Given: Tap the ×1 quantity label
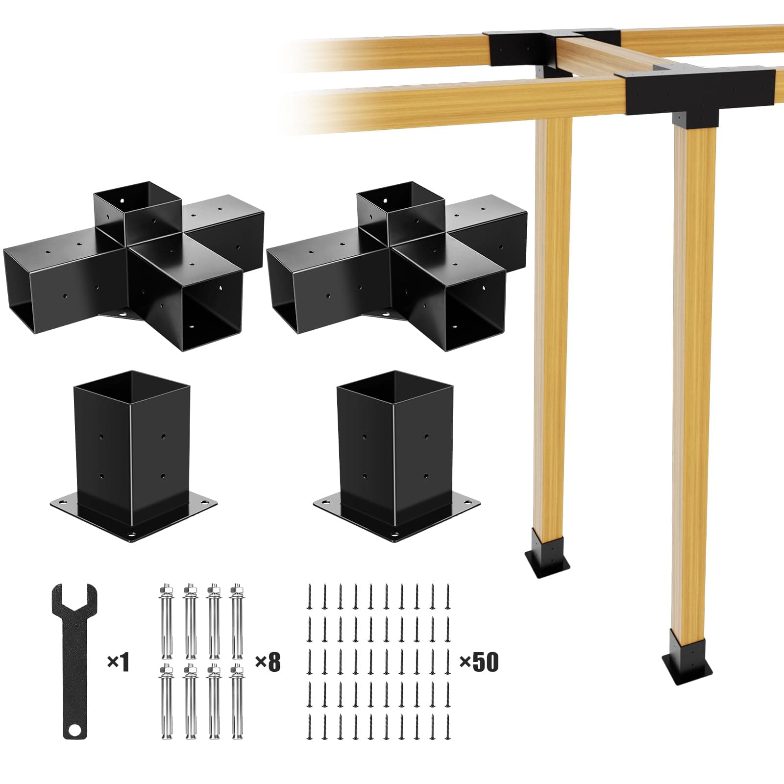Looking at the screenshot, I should tap(118, 663).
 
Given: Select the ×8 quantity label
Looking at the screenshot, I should tap(268, 663).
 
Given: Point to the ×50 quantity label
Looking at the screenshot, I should tap(478, 662).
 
